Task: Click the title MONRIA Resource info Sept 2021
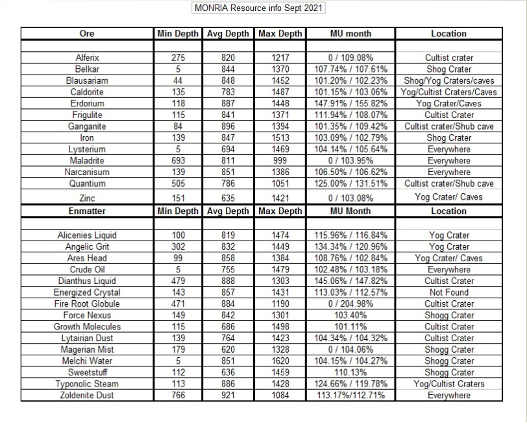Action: pyautogui.click(x=259, y=8)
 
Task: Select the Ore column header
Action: pyautogui.click(x=87, y=34)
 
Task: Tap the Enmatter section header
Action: pyautogui.click(x=87, y=211)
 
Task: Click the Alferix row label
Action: pyautogui.click(x=87, y=58)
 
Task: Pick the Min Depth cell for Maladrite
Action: pyautogui.click(x=178, y=161)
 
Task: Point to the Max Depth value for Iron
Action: pyautogui.click(x=280, y=138)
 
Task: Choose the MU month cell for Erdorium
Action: pyautogui.click(x=350, y=104)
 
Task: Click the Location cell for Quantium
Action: pyautogui.click(x=449, y=184)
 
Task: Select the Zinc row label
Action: pyautogui.click(x=87, y=197)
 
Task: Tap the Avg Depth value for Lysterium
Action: pyautogui.click(x=227, y=149)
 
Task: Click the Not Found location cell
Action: pyautogui.click(x=449, y=292)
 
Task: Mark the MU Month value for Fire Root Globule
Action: pyautogui.click(x=350, y=303)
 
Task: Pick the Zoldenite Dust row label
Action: pyautogui.click(x=87, y=395)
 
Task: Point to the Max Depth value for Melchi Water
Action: pyautogui.click(x=280, y=361)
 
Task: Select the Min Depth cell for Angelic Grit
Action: pyautogui.click(x=178, y=247)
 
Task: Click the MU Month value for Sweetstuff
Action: pyautogui.click(x=350, y=372)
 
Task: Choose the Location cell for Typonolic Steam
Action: pyautogui.click(x=449, y=384)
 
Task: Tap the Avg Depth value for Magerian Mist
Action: pyautogui.click(x=227, y=350)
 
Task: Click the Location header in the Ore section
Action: pyautogui.click(x=449, y=34)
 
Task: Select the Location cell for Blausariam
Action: pyautogui.click(x=449, y=81)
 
